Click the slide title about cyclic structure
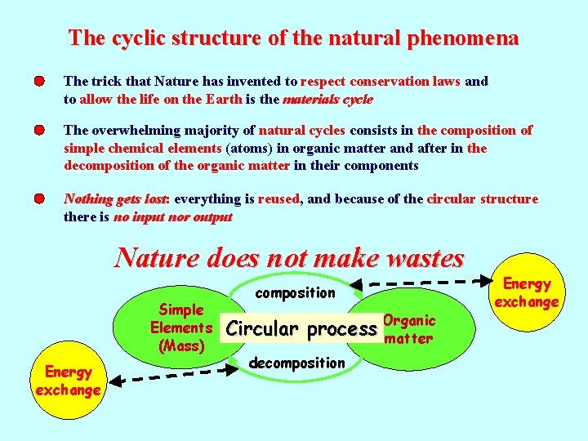[x=293, y=38]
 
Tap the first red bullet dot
[x=39, y=82]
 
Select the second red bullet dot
[x=39, y=131]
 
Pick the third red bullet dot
[x=39, y=199]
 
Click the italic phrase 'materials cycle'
[x=327, y=100]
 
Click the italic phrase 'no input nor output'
[x=172, y=217]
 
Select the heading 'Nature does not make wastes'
[x=289, y=258]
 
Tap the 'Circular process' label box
[x=301, y=329]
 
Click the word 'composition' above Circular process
[x=295, y=292]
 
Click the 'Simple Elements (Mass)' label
[x=181, y=327]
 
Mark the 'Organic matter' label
[x=408, y=329]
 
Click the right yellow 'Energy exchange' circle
[x=527, y=292]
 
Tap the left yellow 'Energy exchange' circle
[x=68, y=381]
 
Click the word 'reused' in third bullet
[x=279, y=199]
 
